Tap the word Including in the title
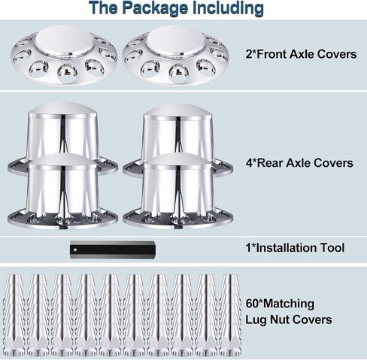pyautogui.click(x=228, y=8)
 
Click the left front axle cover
pyautogui.click(x=65, y=55)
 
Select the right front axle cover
pyautogui.click(x=176, y=55)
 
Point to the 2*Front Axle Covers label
pyautogui.click(x=301, y=54)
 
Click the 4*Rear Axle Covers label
pyautogui.click(x=299, y=163)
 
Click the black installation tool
pyautogui.click(x=113, y=250)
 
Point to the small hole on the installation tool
pyautogui.click(x=75, y=250)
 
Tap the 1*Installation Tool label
pyautogui.click(x=295, y=248)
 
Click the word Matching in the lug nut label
pyautogui.click(x=289, y=304)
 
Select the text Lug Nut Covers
pyautogui.click(x=289, y=319)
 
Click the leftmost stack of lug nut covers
pyautogui.click(x=14, y=315)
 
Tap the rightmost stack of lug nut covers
pyautogui.click(x=230, y=315)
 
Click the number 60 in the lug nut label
pyautogui.click(x=252, y=304)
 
